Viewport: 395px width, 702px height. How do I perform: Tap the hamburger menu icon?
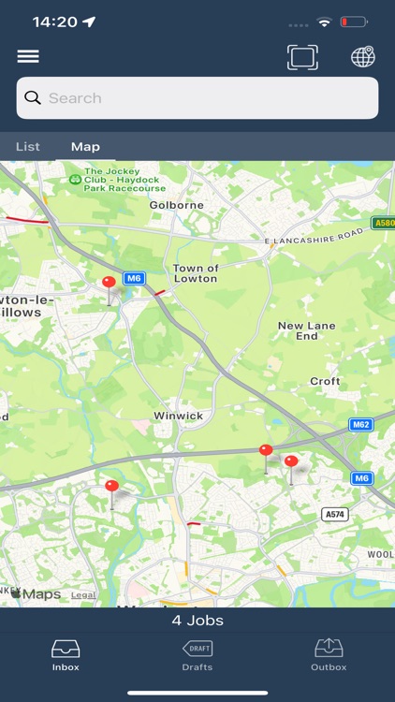pyautogui.click(x=28, y=57)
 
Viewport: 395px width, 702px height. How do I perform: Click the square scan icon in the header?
pyautogui.click(x=302, y=57)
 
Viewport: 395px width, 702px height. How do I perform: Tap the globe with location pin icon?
pyautogui.click(x=363, y=57)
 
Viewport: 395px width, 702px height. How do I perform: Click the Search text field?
pyautogui.click(x=197, y=98)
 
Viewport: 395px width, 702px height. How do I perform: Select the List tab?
pyautogui.click(x=28, y=147)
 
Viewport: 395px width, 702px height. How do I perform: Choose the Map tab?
pyautogui.click(x=85, y=147)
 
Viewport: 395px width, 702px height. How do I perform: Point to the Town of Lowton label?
pyautogui.click(x=196, y=273)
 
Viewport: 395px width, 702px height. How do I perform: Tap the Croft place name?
pyautogui.click(x=325, y=382)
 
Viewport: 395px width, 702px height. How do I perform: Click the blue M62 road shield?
pyautogui.click(x=361, y=425)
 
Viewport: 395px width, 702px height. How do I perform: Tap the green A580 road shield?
pyautogui.click(x=383, y=223)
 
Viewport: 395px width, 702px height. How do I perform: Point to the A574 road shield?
pyautogui.click(x=334, y=515)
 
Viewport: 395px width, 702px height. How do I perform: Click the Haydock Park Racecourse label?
pyautogui.click(x=124, y=180)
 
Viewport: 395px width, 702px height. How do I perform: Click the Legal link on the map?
pyautogui.click(x=83, y=594)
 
